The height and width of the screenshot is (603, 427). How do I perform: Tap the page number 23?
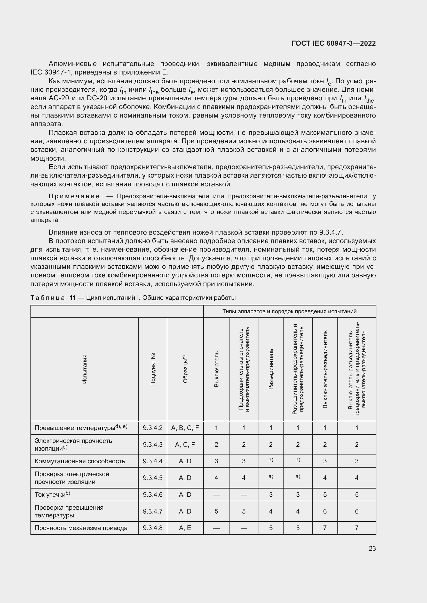coord(372,548)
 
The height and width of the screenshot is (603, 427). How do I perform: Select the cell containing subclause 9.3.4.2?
coord(153,428)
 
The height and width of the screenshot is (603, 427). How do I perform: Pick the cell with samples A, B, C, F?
coord(185,428)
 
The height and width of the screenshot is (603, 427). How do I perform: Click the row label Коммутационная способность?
coord(80,461)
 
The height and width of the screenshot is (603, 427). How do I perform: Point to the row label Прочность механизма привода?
coord(81,528)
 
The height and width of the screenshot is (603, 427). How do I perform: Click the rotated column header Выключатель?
coord(216,369)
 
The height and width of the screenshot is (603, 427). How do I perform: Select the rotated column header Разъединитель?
coord(271,369)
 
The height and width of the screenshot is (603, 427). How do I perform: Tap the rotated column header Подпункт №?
coord(153,369)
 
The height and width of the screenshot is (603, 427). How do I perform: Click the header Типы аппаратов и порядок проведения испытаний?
coord(289,311)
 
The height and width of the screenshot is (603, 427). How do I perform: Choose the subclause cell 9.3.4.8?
coord(153,528)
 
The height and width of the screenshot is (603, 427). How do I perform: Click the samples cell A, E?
coord(185,528)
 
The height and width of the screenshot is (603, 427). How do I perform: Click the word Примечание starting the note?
coord(74,196)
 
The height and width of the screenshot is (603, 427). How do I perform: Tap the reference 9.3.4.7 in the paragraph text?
coord(330,232)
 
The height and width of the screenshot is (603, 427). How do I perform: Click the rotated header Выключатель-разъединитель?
coord(325,369)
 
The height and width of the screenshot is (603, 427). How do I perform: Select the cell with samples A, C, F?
coord(185,444)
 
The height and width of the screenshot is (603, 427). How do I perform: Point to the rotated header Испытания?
coord(84,369)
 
